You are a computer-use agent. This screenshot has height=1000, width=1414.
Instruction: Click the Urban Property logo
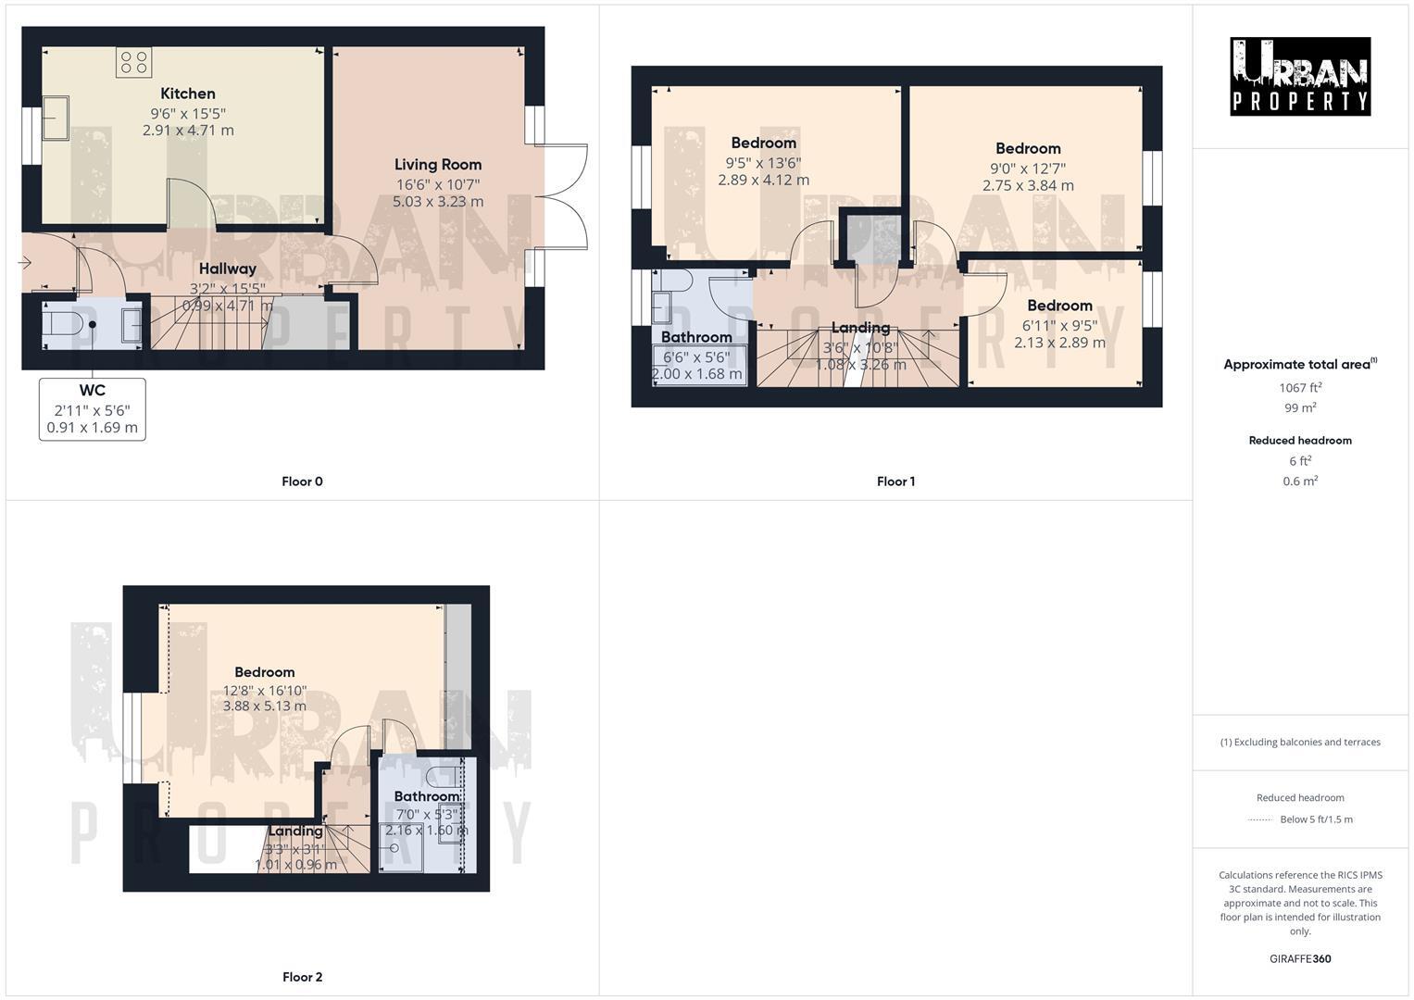click(x=1300, y=76)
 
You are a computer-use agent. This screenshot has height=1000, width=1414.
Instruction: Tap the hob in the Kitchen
click(x=133, y=62)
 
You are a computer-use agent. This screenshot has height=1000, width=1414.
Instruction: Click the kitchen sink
click(x=55, y=118)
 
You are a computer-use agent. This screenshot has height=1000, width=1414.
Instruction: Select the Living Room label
click(x=438, y=165)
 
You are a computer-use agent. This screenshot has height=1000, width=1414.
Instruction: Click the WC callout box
click(x=92, y=408)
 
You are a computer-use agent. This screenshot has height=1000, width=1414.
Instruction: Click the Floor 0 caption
click(x=302, y=481)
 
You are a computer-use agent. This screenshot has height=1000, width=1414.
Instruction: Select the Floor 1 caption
click(x=895, y=481)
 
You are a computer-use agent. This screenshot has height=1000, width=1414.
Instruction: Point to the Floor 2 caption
click(x=302, y=977)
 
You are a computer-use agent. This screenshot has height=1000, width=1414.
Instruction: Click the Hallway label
click(x=227, y=269)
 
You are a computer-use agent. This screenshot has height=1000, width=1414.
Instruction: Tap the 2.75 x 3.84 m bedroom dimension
click(x=1028, y=185)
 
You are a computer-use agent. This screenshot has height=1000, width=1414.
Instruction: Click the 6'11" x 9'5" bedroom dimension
click(x=1059, y=325)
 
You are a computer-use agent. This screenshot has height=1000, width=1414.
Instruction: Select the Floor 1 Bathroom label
click(x=696, y=337)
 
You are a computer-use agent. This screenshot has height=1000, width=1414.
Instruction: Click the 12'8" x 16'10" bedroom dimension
click(x=265, y=690)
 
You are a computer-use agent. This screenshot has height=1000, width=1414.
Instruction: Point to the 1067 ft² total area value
click(x=1300, y=388)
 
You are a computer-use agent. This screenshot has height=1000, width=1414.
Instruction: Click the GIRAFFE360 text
click(x=1300, y=959)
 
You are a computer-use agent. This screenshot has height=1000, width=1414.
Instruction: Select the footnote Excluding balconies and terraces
click(x=1300, y=742)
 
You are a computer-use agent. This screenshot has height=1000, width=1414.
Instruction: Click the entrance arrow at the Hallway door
click(x=25, y=264)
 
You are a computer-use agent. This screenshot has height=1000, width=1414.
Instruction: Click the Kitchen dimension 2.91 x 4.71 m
click(x=188, y=131)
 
